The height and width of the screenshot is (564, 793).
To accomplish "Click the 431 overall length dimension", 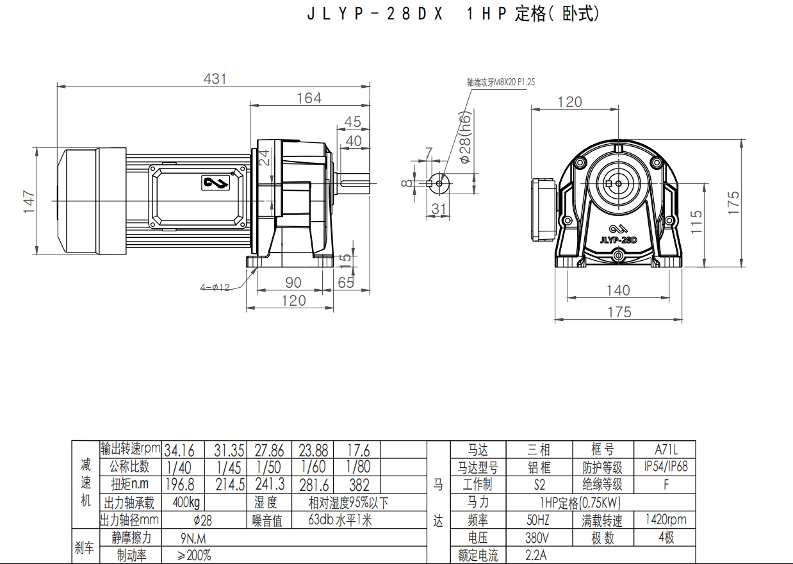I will (215, 79).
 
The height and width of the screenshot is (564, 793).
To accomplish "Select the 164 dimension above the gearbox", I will (309, 98).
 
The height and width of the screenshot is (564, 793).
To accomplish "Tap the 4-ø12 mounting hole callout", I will (215, 288).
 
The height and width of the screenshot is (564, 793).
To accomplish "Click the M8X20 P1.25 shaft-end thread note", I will (500, 82).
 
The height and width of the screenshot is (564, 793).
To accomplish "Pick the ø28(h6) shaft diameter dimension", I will (466, 136).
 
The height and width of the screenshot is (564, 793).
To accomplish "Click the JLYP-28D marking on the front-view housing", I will (618, 240).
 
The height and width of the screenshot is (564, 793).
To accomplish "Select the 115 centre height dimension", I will (697, 221).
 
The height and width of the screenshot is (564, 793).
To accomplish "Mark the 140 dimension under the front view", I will (617, 290).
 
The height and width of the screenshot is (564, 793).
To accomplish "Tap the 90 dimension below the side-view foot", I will (293, 283).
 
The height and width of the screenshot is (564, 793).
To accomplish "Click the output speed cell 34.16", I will (179, 450).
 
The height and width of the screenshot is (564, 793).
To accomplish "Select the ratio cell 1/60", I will (314, 467).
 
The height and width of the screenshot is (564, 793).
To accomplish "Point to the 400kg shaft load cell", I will (186, 502).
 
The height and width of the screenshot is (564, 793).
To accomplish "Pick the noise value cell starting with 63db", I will (339, 520).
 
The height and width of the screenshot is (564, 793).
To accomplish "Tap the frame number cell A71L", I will (666, 450).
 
